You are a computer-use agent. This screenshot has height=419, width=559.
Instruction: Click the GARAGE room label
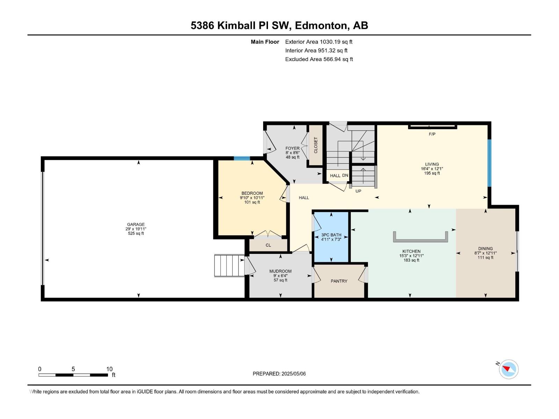(x=136, y=225)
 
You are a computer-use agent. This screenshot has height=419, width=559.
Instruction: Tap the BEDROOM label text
(x=252, y=193)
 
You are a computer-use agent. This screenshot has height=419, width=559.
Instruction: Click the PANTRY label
(x=339, y=281)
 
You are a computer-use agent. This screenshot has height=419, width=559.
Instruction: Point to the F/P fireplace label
(x=432, y=134)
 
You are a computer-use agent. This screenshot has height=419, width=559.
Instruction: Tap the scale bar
(x=73, y=375)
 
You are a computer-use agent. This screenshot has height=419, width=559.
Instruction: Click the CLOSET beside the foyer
(x=315, y=145)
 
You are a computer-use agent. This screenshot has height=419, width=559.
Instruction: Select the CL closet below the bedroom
(x=268, y=245)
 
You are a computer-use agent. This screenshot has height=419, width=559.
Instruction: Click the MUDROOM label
(x=280, y=271)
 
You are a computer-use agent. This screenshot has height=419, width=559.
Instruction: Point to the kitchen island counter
(x=421, y=240)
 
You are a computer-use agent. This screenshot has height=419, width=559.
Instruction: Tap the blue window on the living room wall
(x=489, y=163)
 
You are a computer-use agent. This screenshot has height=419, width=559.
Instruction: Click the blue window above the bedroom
(x=242, y=159)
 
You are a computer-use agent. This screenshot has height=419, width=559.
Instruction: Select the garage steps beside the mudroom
(x=229, y=266)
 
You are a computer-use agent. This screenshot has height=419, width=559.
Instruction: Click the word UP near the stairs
(x=358, y=191)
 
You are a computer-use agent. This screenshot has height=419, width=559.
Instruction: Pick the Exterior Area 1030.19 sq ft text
(x=319, y=42)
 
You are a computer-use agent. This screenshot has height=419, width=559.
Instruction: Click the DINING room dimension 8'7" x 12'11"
(x=485, y=253)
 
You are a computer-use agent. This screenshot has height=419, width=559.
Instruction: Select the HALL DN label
(x=339, y=176)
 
